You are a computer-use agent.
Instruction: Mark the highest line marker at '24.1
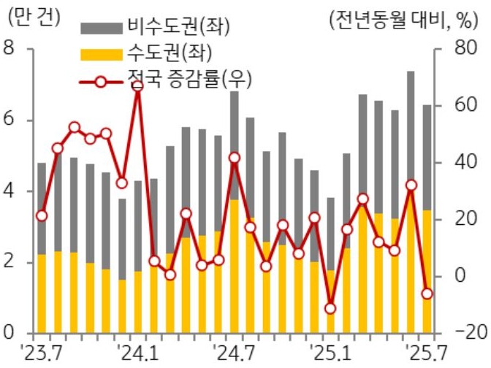coord(137,87)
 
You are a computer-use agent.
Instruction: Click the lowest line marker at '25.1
coord(330,308)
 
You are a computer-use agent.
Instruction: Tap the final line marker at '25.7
coord(427,294)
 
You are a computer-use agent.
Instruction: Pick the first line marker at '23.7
coord(41,215)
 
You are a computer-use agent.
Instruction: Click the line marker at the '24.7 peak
coord(235,158)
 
